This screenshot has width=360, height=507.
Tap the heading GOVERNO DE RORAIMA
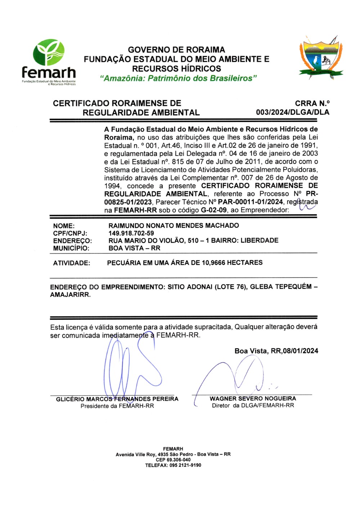coord(176,50)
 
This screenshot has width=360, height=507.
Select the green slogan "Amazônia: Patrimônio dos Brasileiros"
coord(179,78)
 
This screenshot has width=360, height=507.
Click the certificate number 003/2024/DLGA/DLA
coord(292,112)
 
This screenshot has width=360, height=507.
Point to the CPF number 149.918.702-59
coord(131,233)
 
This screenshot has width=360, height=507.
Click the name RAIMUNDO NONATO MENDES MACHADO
coord(174,226)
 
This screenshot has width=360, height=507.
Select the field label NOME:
coord(64,226)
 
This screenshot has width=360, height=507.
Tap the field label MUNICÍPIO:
coord(71,248)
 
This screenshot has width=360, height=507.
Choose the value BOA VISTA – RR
coord(134,248)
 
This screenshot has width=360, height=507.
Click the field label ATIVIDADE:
coord(71,263)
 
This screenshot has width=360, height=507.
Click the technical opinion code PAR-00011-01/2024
coord(250,202)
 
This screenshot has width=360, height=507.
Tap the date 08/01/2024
coord(300,351)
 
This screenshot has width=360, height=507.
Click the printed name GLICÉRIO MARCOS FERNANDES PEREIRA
coord(117,399)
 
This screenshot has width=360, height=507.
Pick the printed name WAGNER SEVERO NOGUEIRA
coord(253,399)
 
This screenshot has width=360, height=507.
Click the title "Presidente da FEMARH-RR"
coord(117,406)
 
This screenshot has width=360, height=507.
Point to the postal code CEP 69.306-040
coord(173,460)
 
